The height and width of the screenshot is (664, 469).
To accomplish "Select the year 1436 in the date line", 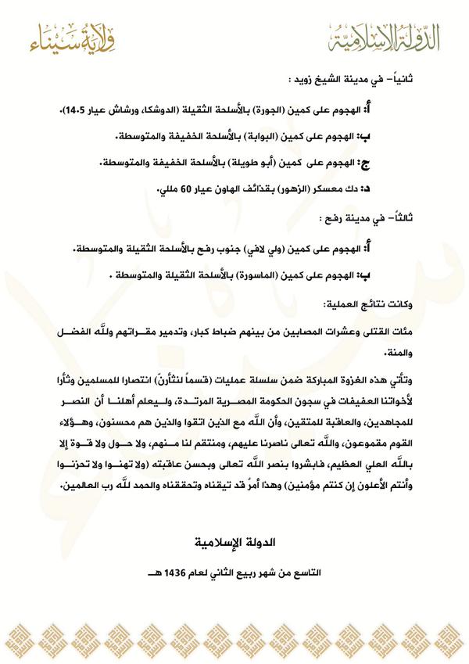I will point(195,573).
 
